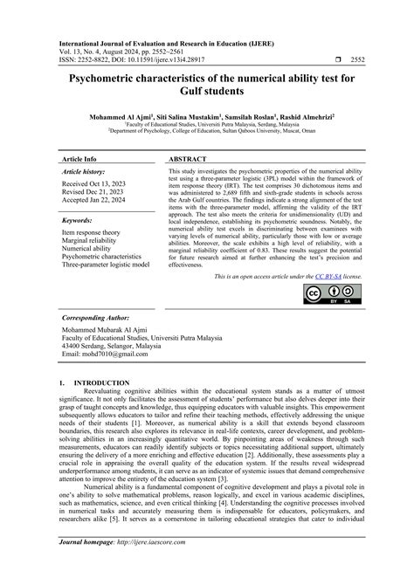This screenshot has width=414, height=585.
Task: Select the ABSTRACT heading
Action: tap(188, 161)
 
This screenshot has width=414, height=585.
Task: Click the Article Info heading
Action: tap(79, 161)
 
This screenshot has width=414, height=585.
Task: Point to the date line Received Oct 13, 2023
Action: tap(94, 185)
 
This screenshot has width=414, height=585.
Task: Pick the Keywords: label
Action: tap(78, 222)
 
